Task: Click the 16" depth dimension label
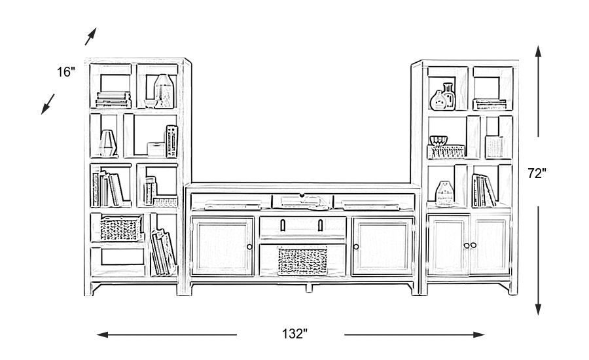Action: (66, 72)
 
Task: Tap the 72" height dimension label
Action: (537, 173)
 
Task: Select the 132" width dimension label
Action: (294, 334)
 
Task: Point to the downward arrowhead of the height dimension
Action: (538, 310)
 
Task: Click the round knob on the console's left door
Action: (249, 246)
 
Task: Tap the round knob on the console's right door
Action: (356, 246)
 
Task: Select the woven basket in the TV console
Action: (302, 260)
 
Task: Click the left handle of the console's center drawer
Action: (283, 226)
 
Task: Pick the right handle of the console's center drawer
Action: (321, 226)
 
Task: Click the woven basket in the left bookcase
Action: (120, 228)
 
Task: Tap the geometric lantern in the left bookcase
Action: (107, 143)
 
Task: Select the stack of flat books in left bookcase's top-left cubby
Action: (113, 99)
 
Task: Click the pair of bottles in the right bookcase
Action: (443, 97)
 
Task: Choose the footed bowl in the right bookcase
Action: (438, 140)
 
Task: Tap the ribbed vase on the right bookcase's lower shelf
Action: (445, 194)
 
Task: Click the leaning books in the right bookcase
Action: (484, 190)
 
